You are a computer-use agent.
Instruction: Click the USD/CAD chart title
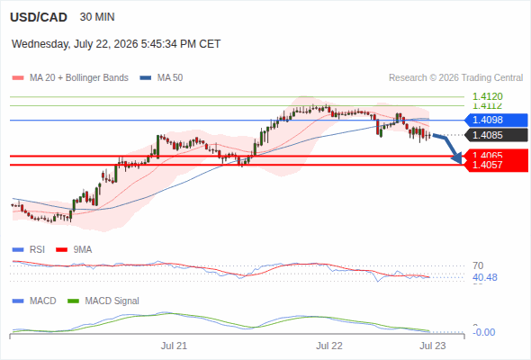(x=39, y=17)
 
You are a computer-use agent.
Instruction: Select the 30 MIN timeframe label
(x=97, y=17)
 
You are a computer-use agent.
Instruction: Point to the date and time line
(x=116, y=44)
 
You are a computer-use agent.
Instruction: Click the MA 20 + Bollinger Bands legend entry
(x=70, y=78)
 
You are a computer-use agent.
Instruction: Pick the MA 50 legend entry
(x=161, y=78)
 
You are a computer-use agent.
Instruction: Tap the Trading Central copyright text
(x=455, y=78)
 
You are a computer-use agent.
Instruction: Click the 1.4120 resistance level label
(x=488, y=96)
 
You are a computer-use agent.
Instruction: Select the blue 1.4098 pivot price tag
(x=496, y=120)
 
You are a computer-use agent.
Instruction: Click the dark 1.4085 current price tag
(x=496, y=135)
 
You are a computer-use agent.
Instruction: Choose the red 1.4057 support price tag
(x=496, y=166)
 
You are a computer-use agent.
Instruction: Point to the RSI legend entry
(x=29, y=250)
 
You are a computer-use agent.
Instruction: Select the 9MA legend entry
(x=74, y=250)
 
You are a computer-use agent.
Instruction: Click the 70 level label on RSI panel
(x=478, y=265)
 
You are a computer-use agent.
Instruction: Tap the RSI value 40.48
(x=485, y=278)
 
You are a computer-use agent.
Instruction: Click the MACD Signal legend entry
(x=103, y=301)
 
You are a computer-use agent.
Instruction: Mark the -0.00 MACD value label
(x=484, y=333)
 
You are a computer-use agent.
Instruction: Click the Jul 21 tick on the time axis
(x=174, y=346)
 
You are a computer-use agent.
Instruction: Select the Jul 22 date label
(x=329, y=346)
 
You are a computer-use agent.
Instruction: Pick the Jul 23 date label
(x=433, y=346)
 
